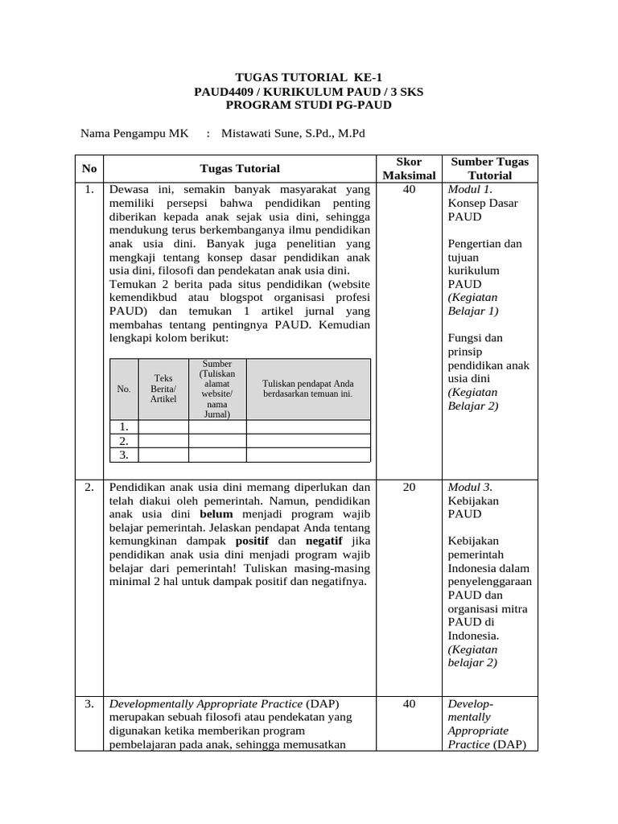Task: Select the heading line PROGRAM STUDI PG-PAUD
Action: (308, 105)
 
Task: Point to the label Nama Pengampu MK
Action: (134, 134)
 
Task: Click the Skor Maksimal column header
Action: (409, 168)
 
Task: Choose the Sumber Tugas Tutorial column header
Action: (489, 168)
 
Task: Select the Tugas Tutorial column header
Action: (240, 168)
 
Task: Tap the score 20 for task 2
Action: (409, 487)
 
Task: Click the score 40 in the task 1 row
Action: (409, 190)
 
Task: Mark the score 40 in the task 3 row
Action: (409, 704)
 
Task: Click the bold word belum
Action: (216, 513)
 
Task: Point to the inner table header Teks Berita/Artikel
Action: (163, 389)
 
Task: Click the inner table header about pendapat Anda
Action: (307, 389)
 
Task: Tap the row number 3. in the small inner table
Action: (124, 455)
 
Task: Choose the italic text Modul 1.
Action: (469, 190)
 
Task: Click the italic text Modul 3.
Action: (469, 487)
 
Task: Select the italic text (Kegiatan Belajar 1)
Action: (473, 304)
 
